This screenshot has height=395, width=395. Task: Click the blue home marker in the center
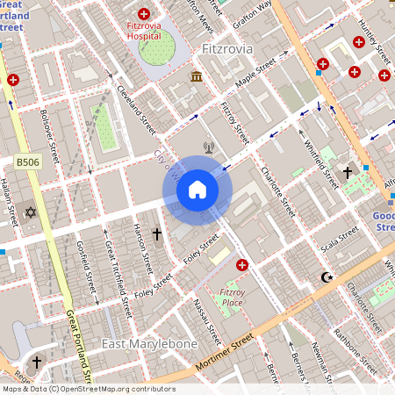pyautogui.click(x=197, y=190)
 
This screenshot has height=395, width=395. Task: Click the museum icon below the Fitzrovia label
pyautogui.click(x=196, y=79)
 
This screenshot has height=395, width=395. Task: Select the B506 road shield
pyautogui.click(x=28, y=162)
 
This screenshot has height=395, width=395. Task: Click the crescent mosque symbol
pyautogui.click(x=329, y=277)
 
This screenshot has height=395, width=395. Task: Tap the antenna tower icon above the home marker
pyautogui.click(x=209, y=148)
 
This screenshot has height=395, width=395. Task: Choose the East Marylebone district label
pyautogui.click(x=149, y=343)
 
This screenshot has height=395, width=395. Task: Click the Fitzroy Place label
pyautogui.click(x=232, y=297)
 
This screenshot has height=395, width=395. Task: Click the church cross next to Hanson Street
pyautogui.click(x=158, y=234)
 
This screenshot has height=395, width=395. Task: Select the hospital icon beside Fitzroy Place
pyautogui.click(x=242, y=264)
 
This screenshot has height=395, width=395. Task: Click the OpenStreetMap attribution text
pyautogui.click(x=89, y=389)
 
